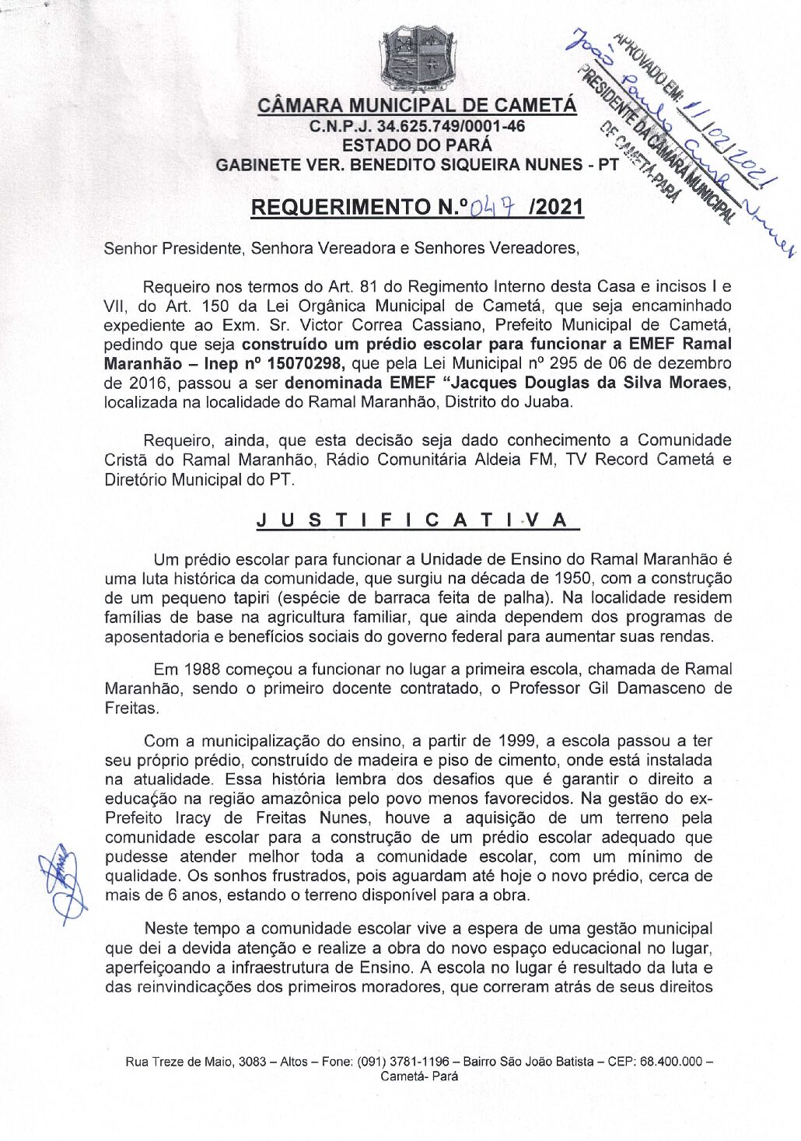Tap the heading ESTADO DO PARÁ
click(x=417, y=145)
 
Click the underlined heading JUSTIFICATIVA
click(x=417, y=520)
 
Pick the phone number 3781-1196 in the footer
click(x=418, y=1062)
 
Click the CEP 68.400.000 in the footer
click(x=670, y=1062)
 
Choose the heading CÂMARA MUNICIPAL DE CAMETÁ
click(x=417, y=106)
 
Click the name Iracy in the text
click(x=194, y=818)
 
